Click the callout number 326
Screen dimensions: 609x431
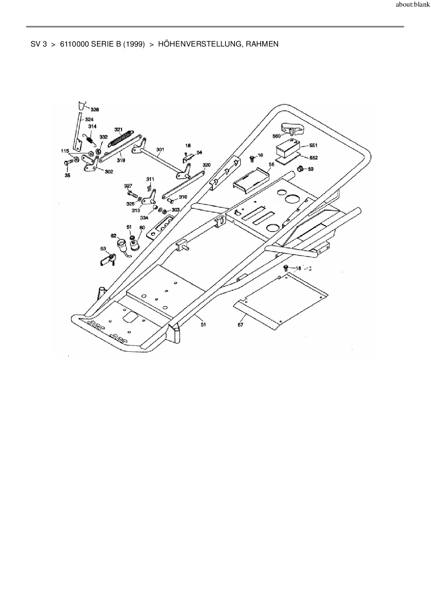point(95,110)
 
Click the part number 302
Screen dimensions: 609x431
point(109,172)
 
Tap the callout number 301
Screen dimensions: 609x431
point(160,150)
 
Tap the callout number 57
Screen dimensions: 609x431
point(241,325)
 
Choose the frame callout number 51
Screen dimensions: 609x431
point(203,324)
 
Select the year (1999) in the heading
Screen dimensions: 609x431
point(134,44)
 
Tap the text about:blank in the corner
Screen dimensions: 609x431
point(413,5)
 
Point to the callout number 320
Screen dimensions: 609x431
point(206,165)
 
